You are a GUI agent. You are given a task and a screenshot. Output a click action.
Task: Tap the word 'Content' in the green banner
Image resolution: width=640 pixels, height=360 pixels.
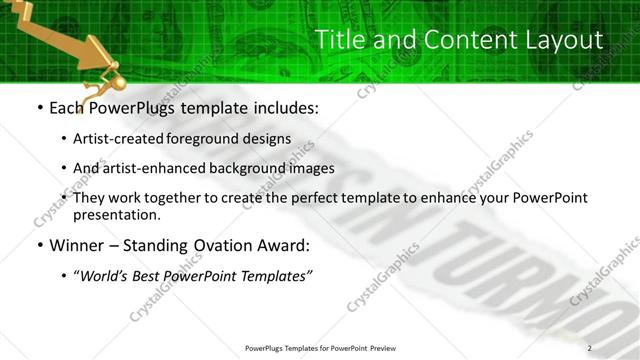(451, 40)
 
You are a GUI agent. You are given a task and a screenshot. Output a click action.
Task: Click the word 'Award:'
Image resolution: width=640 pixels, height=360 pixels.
(284, 245)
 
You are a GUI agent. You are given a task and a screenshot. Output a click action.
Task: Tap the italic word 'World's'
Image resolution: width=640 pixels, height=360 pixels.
(105, 275)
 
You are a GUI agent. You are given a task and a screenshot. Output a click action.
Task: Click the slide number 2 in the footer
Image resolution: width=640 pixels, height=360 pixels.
(589, 347)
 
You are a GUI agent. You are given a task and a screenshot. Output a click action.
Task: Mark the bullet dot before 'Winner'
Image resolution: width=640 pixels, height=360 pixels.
(38, 246)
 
